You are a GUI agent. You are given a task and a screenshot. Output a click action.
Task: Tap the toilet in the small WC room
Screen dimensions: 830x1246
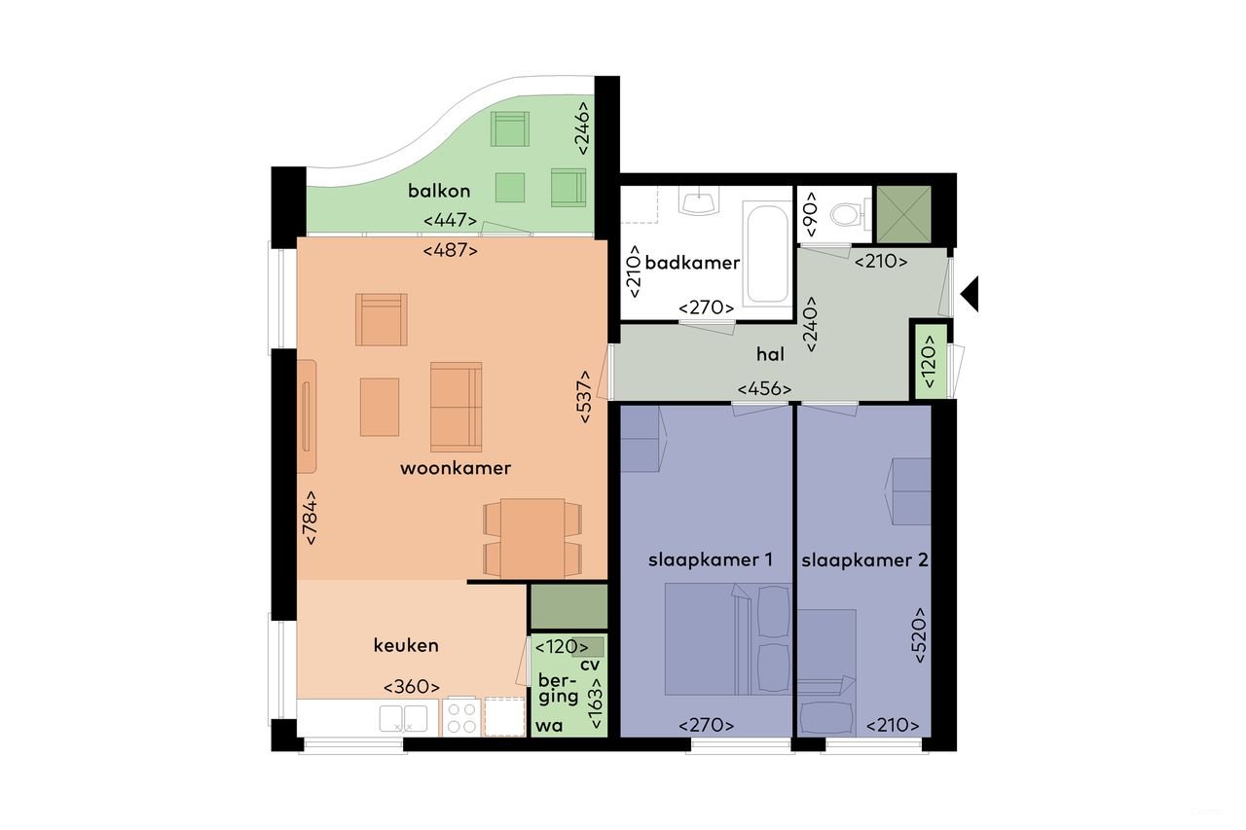(846, 212)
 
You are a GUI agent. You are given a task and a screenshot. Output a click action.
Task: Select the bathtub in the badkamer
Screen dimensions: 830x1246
(767, 252)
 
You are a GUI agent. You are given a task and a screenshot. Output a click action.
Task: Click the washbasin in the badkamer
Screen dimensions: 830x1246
(698, 201)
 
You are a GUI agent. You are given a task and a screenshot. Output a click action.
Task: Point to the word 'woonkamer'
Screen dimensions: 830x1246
(456, 468)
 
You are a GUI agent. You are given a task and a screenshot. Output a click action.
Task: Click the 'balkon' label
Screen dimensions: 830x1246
(439, 191)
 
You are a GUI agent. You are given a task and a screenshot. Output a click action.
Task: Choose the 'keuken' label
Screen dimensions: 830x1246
(406, 645)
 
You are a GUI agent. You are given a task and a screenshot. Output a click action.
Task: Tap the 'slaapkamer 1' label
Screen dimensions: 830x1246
(711, 560)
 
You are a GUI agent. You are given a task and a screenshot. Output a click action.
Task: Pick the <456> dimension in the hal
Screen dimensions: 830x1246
(764, 389)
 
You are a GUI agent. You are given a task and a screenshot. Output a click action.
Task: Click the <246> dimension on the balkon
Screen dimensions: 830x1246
(583, 128)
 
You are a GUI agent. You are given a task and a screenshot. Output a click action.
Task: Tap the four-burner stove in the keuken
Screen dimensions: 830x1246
(461, 717)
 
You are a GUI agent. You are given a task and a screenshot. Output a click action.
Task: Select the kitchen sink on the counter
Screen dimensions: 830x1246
(402, 717)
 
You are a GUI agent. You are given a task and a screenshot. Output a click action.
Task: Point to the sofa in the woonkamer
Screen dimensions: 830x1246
(456, 408)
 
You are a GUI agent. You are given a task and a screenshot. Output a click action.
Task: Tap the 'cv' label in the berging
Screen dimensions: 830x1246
(589, 665)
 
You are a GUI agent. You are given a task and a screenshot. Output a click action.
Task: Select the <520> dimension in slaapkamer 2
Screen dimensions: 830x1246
(919, 635)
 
